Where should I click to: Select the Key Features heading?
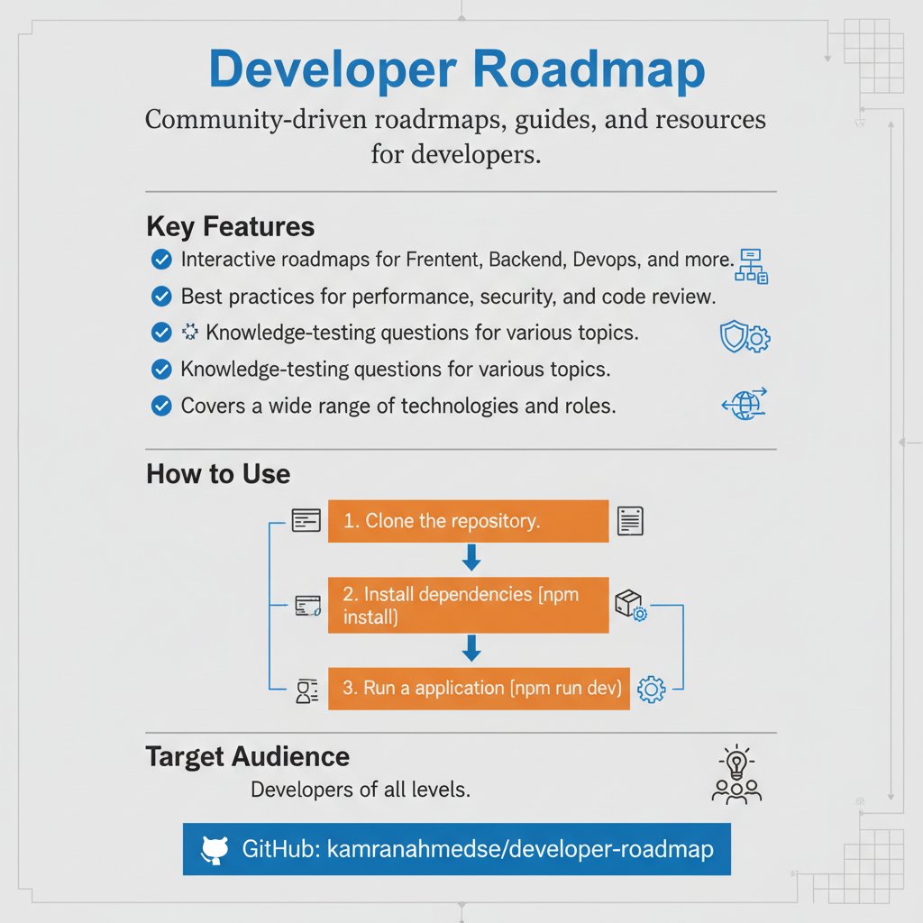coord(230,225)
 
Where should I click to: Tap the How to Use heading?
coord(217,473)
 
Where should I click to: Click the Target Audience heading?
coord(247,756)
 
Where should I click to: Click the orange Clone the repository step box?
coord(468,521)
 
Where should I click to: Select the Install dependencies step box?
coord(468,606)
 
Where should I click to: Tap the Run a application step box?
coord(478,689)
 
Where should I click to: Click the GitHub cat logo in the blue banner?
coord(215,849)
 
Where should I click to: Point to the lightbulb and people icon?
coord(736,776)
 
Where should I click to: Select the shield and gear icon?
coord(745,337)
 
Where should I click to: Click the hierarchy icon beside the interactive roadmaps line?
coord(752,267)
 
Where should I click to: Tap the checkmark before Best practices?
coord(160,296)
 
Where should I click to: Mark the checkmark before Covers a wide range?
coord(160,406)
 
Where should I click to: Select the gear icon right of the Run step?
coord(651,690)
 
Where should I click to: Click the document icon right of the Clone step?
coord(630,521)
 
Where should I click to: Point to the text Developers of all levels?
coord(361,790)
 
